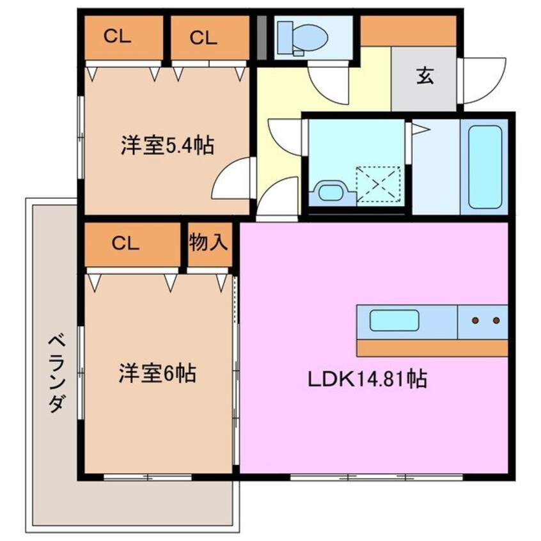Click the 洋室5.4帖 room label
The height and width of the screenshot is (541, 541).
(x=167, y=146)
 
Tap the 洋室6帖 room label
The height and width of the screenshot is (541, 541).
(x=156, y=372)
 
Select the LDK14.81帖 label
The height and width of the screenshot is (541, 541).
(x=368, y=380)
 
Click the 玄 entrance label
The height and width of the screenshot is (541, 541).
(x=425, y=77)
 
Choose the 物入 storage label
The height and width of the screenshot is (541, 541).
(x=208, y=242)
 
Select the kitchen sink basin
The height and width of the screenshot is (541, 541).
(x=395, y=320)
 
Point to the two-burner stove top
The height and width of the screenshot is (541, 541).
(x=484, y=320)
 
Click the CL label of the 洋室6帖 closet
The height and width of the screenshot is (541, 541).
(x=125, y=243)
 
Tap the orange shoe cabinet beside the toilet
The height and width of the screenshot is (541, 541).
(x=408, y=30)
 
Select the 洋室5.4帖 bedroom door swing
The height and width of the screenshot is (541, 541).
(x=231, y=180)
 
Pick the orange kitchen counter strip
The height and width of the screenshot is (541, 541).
(x=432, y=348)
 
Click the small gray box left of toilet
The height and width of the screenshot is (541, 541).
(x=262, y=36)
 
